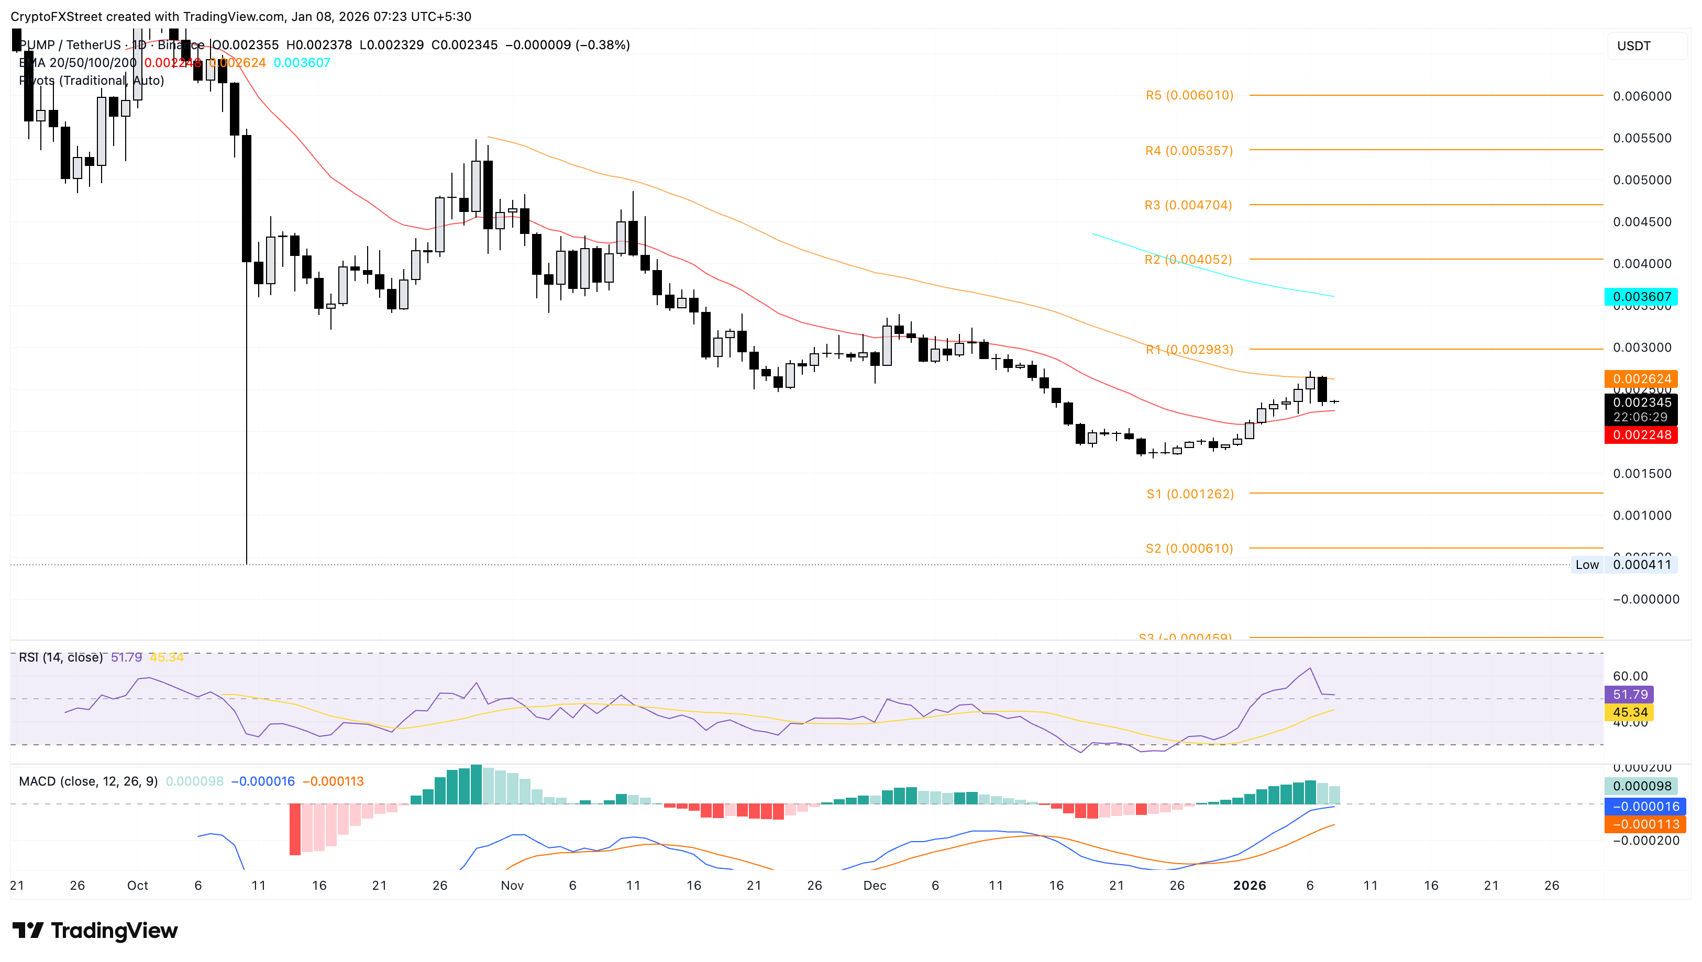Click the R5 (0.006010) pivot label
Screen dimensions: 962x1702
click(1189, 95)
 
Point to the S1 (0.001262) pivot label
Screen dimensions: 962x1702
click(1190, 494)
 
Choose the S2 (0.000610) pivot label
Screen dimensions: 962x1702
click(1189, 549)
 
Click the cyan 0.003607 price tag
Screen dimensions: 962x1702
click(1641, 297)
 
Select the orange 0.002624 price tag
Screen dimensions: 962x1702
click(1641, 378)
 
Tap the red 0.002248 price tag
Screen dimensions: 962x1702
click(1641, 435)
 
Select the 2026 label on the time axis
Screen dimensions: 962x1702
click(1249, 886)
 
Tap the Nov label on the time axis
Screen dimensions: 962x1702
click(512, 886)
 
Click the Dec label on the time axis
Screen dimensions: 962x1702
click(874, 886)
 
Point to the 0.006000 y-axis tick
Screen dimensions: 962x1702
click(1642, 96)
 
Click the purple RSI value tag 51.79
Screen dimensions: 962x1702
click(1629, 695)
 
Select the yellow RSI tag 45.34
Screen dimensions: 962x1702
click(1629, 712)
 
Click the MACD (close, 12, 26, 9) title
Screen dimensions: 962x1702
click(88, 781)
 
